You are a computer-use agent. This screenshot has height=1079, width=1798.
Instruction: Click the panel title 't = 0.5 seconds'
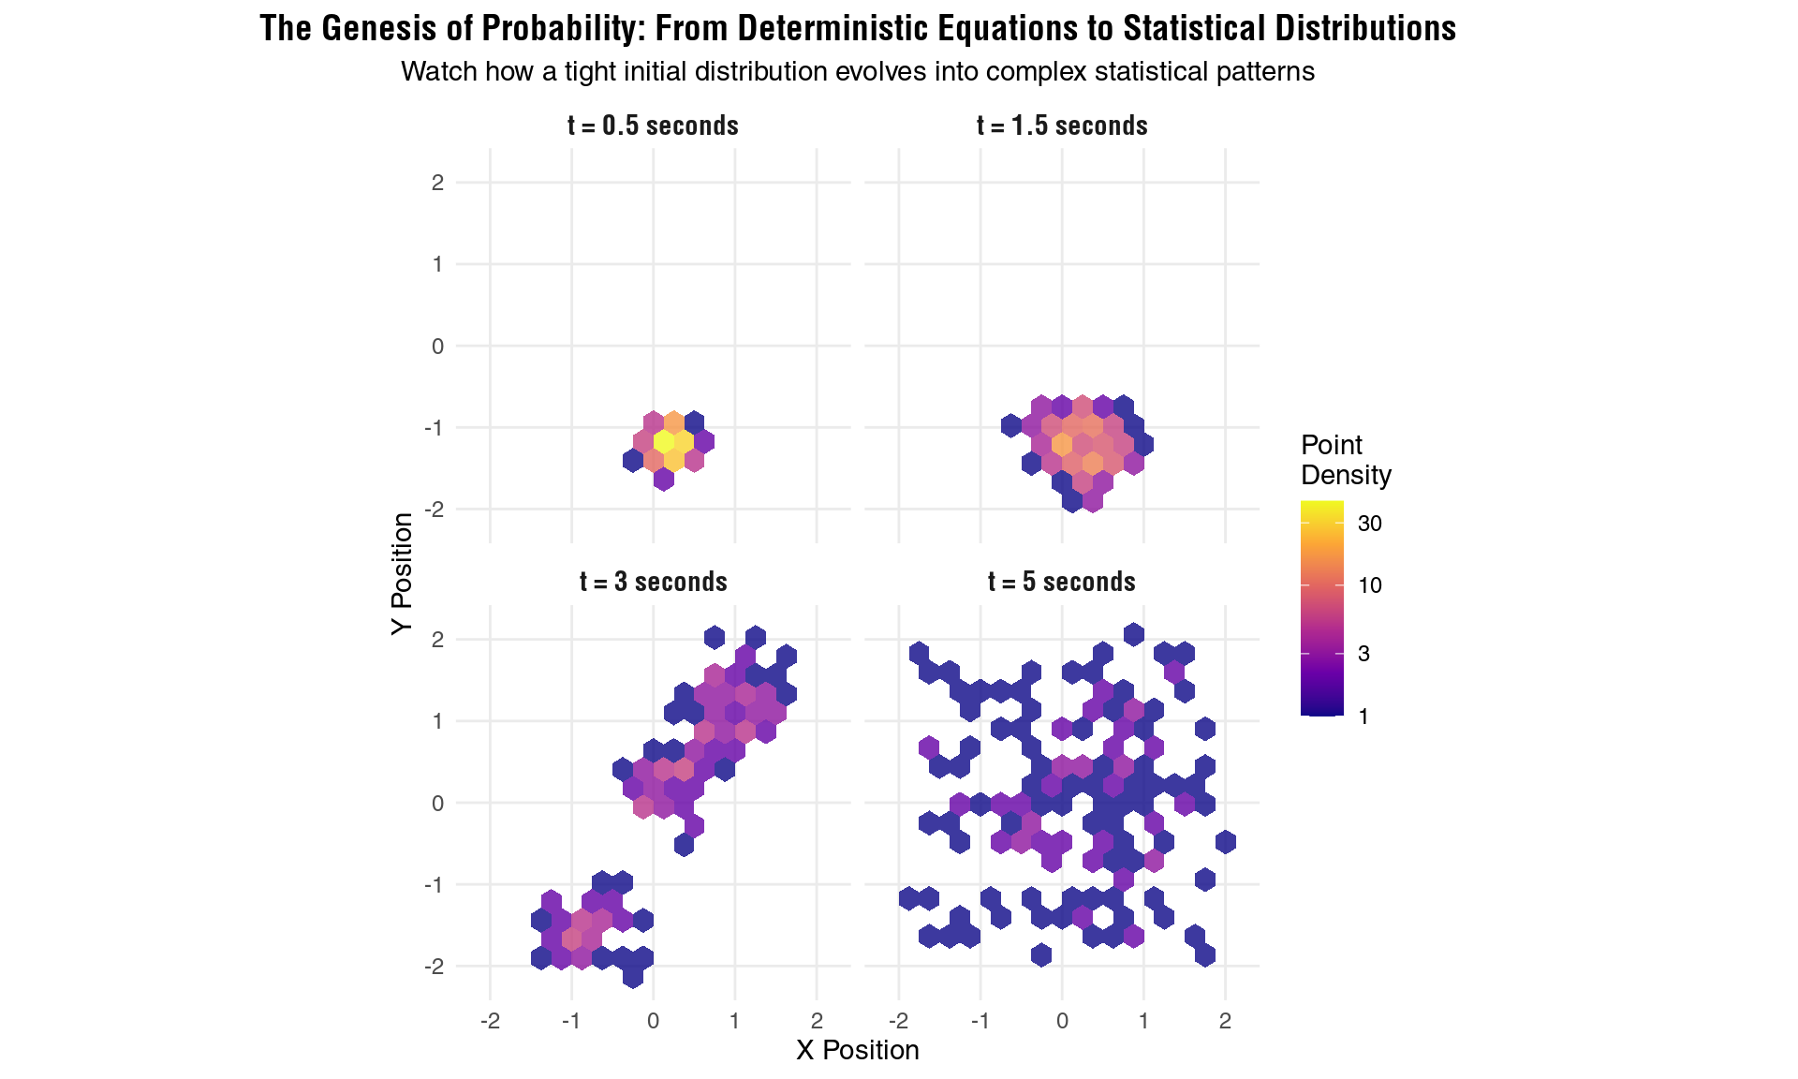click(x=653, y=126)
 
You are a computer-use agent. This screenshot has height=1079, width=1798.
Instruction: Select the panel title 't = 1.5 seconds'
click(x=1062, y=126)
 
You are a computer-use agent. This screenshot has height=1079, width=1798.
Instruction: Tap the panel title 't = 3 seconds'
click(x=653, y=582)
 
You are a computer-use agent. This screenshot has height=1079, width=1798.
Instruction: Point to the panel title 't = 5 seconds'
click(x=1062, y=582)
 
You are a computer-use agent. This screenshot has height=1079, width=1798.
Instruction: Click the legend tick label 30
click(x=1369, y=524)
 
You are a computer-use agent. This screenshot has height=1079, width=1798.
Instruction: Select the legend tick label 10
click(x=1369, y=585)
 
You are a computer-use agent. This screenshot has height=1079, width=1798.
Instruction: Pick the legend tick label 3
click(x=1363, y=654)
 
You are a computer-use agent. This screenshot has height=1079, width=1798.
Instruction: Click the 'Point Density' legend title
click(x=1345, y=460)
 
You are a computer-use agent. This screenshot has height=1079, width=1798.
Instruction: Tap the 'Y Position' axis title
click(x=402, y=573)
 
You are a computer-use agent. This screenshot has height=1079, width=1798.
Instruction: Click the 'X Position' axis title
click(x=857, y=1050)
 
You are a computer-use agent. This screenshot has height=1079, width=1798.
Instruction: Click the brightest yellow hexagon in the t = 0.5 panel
click(x=663, y=440)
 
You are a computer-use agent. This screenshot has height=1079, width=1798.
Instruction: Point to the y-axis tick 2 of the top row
click(x=437, y=183)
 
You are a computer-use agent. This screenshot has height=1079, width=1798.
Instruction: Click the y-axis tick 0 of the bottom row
click(x=437, y=803)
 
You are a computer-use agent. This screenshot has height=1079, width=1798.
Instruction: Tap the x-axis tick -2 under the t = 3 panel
click(x=489, y=1021)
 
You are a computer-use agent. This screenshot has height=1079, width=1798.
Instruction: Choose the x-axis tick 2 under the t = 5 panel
click(x=1225, y=1021)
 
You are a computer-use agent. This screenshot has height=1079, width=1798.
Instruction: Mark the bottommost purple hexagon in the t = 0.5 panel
click(x=663, y=480)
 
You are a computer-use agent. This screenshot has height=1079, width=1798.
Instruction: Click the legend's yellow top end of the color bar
click(x=1321, y=507)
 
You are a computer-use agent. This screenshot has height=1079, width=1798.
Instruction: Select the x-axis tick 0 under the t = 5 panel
click(x=1062, y=1021)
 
